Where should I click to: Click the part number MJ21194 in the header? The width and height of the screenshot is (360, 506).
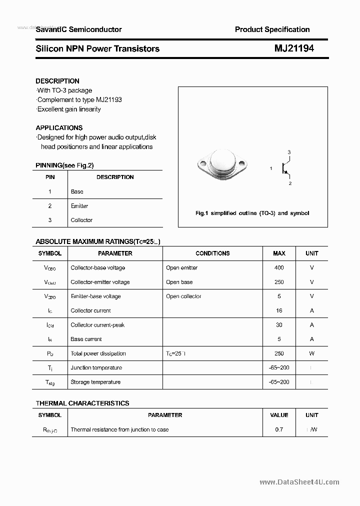point(294,48)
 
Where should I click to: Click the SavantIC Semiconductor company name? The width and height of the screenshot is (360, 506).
point(78,29)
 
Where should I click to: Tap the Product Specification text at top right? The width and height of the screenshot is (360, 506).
point(272,29)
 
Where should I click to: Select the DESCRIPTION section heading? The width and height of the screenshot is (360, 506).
point(57,81)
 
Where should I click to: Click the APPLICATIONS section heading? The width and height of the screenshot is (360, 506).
point(59,127)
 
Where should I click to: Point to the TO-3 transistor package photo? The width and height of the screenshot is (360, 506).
point(223,163)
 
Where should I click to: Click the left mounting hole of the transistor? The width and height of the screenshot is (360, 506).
point(203,163)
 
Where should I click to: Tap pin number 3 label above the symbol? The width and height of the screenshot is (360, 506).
point(289,152)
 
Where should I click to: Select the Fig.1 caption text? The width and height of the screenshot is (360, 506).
point(252,213)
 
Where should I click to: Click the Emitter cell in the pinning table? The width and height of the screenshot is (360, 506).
point(79,206)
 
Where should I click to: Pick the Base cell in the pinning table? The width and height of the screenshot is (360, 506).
point(77,191)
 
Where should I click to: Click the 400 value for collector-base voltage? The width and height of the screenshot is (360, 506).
point(279,268)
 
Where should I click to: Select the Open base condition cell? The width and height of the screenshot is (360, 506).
point(179,282)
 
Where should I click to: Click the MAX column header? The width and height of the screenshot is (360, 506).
point(279,253)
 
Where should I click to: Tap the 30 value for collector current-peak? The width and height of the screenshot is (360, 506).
point(279,325)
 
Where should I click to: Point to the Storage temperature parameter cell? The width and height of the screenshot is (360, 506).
point(95,382)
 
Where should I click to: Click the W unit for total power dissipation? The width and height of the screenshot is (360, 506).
point(311,353)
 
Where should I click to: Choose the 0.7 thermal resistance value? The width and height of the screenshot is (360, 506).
point(279,429)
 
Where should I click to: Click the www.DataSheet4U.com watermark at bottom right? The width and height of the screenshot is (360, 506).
point(299,482)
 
